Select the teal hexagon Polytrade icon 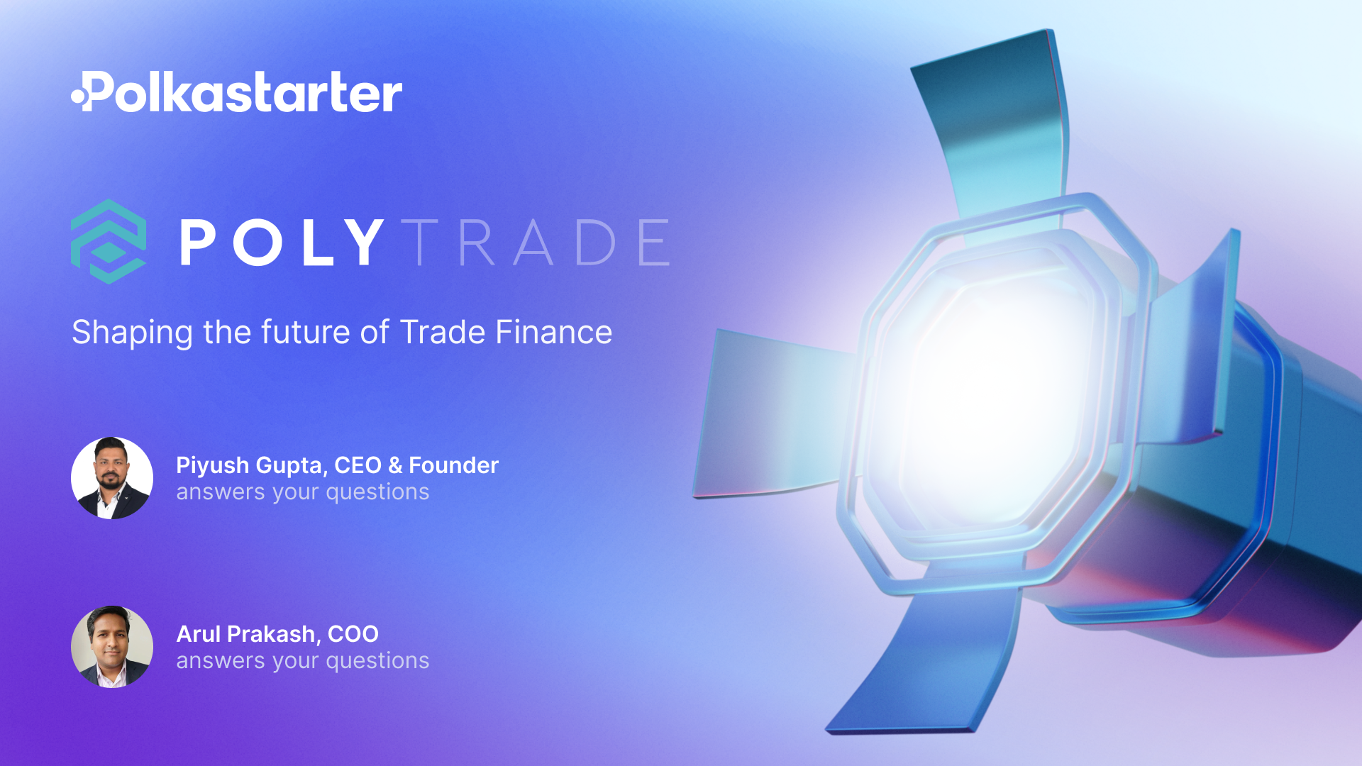[109, 242]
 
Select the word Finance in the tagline [553, 332]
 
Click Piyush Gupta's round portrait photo [112, 478]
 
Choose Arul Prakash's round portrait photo [112, 647]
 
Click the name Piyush [212, 466]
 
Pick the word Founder [453, 465]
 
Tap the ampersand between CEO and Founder [395, 465]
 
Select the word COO [353, 634]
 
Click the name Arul [199, 634]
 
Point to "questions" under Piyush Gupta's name [377, 492]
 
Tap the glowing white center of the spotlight [993, 397]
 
